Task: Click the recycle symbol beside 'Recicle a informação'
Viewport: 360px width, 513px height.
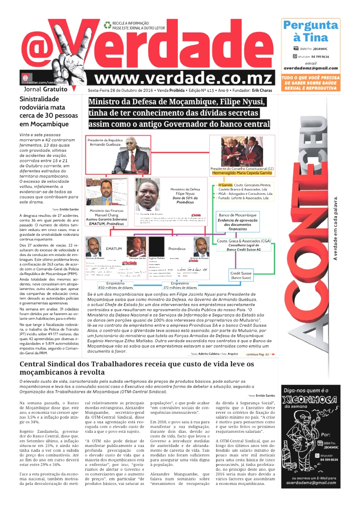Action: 107,24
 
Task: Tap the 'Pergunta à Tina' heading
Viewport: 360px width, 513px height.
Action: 310,31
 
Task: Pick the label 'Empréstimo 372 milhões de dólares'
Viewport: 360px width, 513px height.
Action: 180,286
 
